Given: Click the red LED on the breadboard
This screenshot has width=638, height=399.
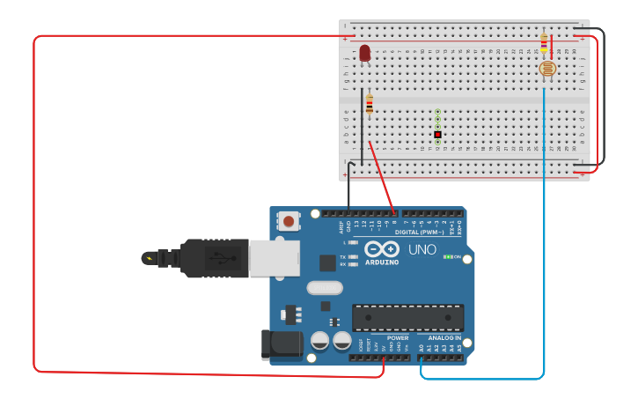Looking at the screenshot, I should [364, 54].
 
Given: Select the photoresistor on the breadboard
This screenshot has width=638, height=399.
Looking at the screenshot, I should [546, 68].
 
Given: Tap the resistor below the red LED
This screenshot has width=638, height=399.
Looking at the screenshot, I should [370, 105].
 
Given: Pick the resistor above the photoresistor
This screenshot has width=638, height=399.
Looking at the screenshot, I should [544, 42].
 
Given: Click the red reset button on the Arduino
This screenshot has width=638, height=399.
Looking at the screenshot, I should [289, 221].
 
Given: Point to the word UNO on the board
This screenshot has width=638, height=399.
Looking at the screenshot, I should [422, 250].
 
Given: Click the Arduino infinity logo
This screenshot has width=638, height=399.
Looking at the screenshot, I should [382, 249].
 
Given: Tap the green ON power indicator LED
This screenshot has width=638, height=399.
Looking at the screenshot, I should [448, 257].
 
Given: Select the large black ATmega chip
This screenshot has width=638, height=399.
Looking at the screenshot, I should [407, 317].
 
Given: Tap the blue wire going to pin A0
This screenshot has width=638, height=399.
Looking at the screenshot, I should [544, 264].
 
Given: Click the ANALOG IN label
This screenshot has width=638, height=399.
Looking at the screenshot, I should [444, 338].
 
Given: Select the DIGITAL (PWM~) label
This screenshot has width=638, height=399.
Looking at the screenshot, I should [419, 233].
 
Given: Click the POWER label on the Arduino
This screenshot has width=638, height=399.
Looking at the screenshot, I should [398, 338].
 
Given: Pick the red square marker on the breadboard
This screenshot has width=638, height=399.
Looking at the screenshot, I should [437, 134].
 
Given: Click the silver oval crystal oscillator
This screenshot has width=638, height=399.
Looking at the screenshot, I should [324, 287].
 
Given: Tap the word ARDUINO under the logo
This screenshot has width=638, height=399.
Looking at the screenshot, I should [382, 262].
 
